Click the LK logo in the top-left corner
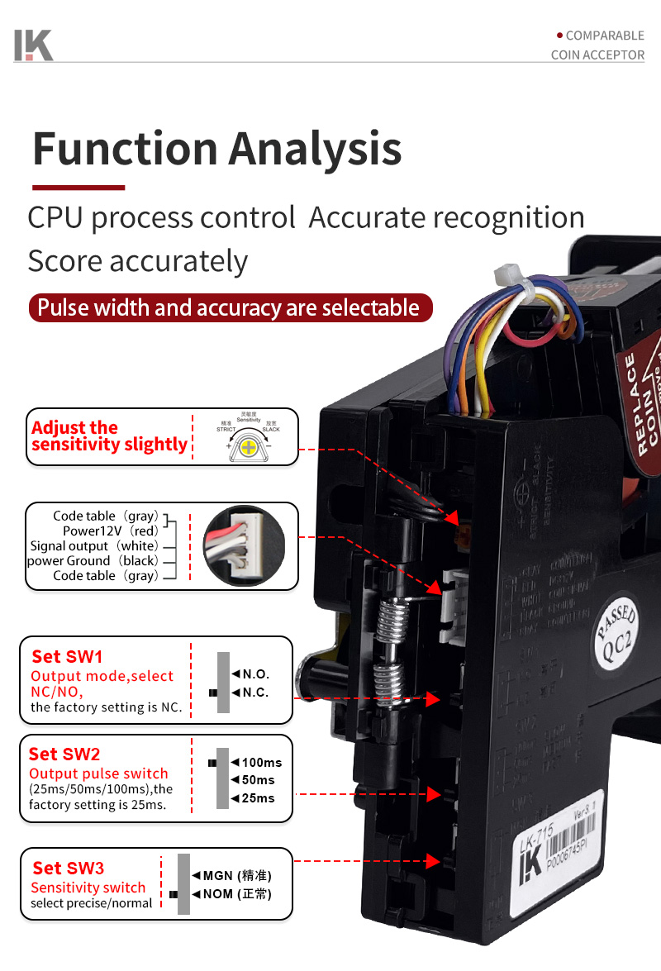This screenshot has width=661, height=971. (33, 45)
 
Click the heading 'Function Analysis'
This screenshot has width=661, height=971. (216, 149)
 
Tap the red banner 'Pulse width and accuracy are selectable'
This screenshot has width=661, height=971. (230, 307)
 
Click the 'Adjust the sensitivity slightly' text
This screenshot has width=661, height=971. (109, 436)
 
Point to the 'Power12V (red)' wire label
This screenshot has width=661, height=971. (110, 531)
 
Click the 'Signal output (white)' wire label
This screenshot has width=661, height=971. (93, 545)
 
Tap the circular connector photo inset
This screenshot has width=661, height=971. (244, 546)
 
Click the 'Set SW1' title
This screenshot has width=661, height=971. (68, 657)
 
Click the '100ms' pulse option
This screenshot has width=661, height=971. (261, 762)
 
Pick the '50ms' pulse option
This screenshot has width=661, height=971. (258, 780)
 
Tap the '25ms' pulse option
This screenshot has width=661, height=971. (258, 798)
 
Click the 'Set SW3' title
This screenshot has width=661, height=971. (69, 868)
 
